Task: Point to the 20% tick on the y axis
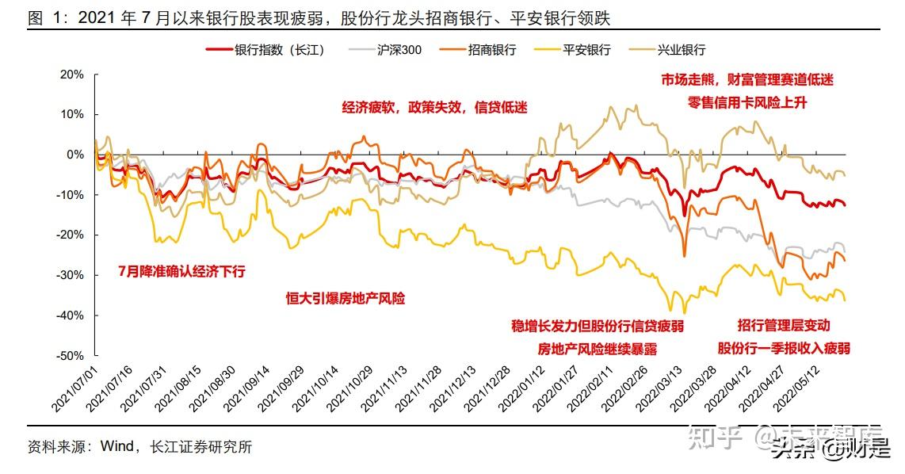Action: [72, 75]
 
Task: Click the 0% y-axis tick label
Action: [75, 155]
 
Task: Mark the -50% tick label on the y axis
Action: [71, 356]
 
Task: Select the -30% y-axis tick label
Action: [71, 275]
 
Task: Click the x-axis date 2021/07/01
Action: [76, 388]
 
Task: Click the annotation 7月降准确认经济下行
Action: [181, 271]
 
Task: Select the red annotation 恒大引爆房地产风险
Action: [345, 299]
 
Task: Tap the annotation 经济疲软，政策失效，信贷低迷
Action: [434, 108]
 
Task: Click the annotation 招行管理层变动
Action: [783, 326]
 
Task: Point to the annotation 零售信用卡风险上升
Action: [747, 102]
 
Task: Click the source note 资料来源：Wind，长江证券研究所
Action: [139, 447]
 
